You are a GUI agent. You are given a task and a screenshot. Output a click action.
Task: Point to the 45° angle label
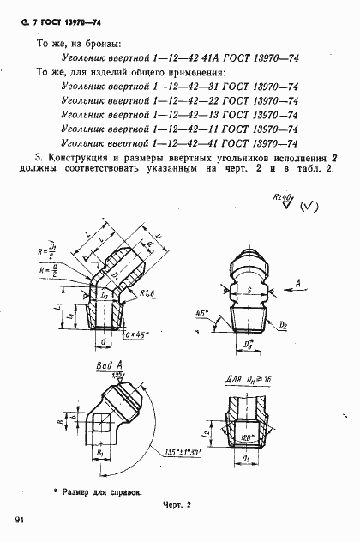click(x=202, y=313)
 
